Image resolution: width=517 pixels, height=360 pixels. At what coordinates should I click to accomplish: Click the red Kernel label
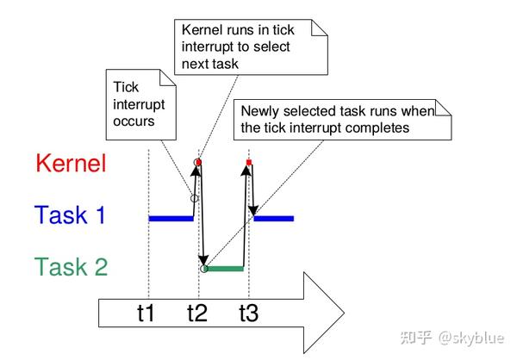click(x=72, y=164)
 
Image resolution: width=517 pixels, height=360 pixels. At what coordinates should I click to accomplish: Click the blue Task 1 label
click(x=70, y=214)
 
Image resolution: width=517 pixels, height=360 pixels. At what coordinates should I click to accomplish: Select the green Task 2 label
click(x=72, y=267)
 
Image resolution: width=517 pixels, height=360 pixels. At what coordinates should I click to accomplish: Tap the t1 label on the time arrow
click(x=147, y=314)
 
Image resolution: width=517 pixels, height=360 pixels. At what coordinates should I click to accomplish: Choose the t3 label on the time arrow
click(x=249, y=314)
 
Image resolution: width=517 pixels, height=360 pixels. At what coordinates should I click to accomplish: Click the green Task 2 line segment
click(x=225, y=269)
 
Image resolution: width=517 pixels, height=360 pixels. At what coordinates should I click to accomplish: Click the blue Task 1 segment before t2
click(x=171, y=218)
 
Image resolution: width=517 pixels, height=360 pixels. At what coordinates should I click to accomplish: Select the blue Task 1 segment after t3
click(x=275, y=218)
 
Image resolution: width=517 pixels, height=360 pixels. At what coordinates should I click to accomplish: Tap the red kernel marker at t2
click(x=199, y=162)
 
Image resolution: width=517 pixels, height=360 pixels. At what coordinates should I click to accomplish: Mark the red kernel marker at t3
click(x=249, y=162)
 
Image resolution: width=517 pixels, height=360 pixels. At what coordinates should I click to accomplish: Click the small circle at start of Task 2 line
click(x=204, y=269)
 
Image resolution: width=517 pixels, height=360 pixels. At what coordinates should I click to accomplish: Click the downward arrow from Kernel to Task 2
click(x=202, y=224)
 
